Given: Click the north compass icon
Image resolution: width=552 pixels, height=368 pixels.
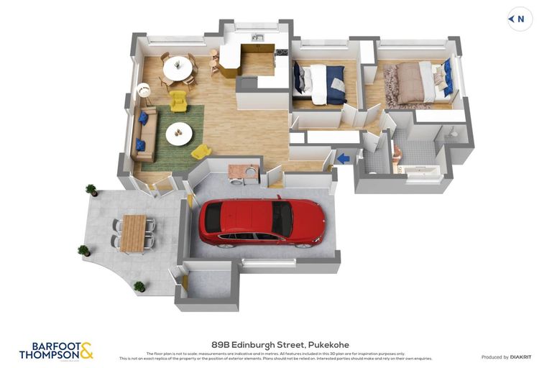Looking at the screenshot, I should pyautogui.click(x=520, y=19).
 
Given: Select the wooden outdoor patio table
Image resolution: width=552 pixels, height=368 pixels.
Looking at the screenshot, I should pyautogui.click(x=133, y=234).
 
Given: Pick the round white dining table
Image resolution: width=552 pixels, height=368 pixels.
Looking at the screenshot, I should pyautogui.click(x=177, y=69).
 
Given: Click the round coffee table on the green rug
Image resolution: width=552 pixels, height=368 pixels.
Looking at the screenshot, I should pyautogui.click(x=179, y=133).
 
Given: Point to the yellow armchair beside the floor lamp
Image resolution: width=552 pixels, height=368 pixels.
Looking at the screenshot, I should pyautogui.click(x=178, y=101).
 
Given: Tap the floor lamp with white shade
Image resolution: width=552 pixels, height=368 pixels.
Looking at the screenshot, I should pyautogui.click(x=144, y=91).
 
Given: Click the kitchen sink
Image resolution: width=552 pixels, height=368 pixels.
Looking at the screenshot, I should pyautogui.click(x=258, y=37).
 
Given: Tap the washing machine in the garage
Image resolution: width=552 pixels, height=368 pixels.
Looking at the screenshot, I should pyautogui.click(x=249, y=173).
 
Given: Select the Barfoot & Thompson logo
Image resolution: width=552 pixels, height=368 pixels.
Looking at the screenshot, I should pyautogui.click(x=56, y=351).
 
